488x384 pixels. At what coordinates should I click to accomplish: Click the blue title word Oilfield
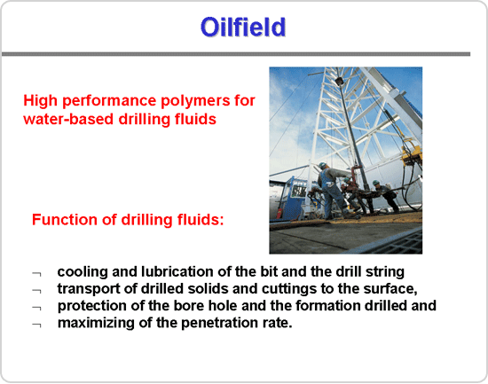tap(243, 27)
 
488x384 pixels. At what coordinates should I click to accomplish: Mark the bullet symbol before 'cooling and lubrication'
tap(36, 274)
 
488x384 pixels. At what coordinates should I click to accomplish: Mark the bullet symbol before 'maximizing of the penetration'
tap(36, 325)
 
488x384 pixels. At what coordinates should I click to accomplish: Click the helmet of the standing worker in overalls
tap(322, 165)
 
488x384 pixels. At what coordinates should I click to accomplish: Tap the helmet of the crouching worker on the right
tap(376, 182)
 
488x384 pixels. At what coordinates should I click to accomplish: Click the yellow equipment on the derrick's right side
tap(412, 154)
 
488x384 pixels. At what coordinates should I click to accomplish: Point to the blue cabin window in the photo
tap(298, 190)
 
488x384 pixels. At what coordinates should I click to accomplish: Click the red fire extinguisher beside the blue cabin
tap(279, 213)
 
